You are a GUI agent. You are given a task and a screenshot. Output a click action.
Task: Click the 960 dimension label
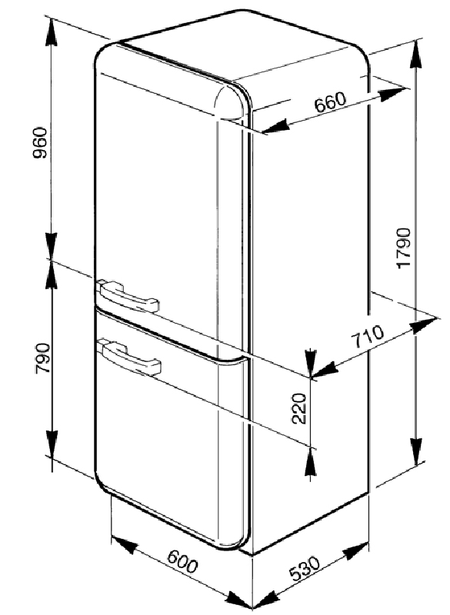pos(40,143)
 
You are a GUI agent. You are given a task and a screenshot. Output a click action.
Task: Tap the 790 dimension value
pos(43,358)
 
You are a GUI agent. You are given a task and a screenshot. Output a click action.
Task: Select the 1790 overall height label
pos(403,248)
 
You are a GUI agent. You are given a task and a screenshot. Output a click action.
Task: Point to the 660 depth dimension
pos(330,102)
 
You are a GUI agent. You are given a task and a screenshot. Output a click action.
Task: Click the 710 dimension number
pos(367,337)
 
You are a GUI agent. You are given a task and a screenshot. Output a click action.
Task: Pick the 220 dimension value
pos(299,408)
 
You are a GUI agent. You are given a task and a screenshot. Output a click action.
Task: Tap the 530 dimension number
pos(305,568)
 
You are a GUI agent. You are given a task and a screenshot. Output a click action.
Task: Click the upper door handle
pos(128,295)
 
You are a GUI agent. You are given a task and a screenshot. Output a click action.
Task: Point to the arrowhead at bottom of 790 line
pos(52,444)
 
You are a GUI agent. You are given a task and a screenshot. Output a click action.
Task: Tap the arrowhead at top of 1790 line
pos(417,54)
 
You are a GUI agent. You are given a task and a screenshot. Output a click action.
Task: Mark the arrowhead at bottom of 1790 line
pos(417,452)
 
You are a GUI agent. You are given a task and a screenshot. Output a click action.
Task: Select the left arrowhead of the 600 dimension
pos(125,545)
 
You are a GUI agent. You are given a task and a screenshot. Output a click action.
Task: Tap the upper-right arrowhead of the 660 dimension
pos(392,94)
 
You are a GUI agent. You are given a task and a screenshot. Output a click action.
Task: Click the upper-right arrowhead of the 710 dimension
pos(423,324)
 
